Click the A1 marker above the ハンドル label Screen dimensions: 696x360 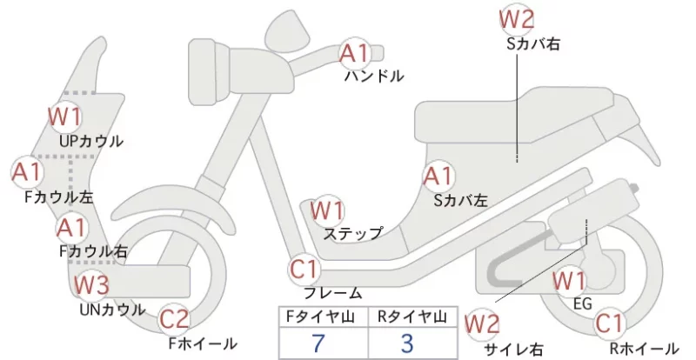coord(355,53)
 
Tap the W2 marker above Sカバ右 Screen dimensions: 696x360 coord(516,18)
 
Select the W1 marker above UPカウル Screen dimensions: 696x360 coord(65,117)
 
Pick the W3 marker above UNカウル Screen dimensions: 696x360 coord(91,284)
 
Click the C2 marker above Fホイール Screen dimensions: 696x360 coord(174,319)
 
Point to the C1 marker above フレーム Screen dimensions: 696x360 coord(304,269)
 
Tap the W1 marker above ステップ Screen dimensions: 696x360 coord(327,210)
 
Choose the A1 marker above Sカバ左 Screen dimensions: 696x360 coord(438,177)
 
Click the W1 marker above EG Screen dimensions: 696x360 coord(570,281)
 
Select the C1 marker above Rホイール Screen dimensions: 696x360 coord(610,323)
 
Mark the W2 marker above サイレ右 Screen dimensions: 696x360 coord(482,324)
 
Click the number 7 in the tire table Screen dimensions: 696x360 coord(318,343)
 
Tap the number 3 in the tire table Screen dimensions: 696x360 coord(407,343)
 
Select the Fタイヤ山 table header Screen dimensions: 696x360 coord(320,317)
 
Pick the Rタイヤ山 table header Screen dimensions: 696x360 coord(412,317)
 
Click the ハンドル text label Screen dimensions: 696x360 coord(374,76)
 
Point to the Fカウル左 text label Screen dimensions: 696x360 coord(59,197)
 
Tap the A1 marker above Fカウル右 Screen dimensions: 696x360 coord(72,228)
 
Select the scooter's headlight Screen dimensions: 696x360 coord(209,73)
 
